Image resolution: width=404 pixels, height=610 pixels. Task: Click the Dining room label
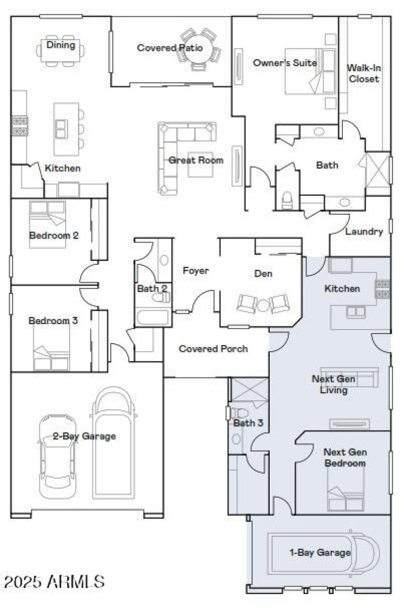[61, 45]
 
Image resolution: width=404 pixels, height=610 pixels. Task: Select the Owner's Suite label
[285, 63]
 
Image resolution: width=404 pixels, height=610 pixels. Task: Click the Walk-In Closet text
[364, 73]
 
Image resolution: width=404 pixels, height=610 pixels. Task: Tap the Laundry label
[364, 231]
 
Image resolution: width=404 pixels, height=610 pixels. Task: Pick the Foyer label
[195, 271]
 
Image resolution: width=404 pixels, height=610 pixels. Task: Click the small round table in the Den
[263, 305]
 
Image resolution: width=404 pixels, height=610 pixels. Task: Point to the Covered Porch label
[213, 349]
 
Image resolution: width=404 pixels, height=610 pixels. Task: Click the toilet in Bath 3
[239, 413]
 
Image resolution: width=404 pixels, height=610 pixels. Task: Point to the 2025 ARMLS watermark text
[54, 582]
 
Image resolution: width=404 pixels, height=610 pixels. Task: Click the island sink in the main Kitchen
[61, 129]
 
